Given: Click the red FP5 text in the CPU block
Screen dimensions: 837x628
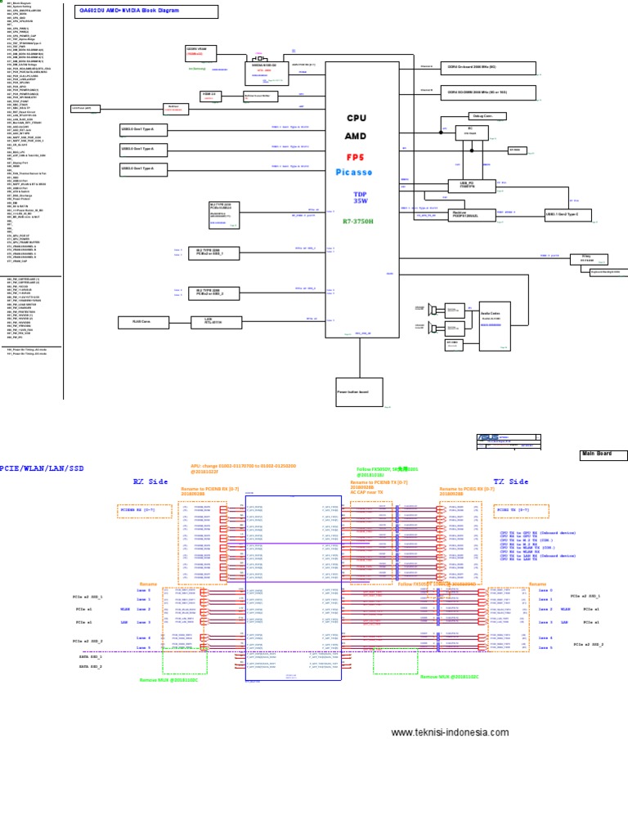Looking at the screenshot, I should click(356, 157).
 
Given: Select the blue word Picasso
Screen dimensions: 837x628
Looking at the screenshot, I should click(354, 172).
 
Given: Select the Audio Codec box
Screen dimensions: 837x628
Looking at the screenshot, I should click(496, 317).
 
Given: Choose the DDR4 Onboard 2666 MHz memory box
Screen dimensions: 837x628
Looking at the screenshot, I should click(488, 68).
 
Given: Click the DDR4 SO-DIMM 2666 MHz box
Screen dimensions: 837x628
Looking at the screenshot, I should click(488, 92).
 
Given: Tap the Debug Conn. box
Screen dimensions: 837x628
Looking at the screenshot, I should click(482, 116).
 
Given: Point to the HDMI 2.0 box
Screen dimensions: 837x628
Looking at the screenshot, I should click(209, 96).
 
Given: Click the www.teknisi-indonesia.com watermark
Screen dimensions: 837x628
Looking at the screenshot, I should click(450, 732).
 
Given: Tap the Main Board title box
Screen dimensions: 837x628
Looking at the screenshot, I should click(603, 454).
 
